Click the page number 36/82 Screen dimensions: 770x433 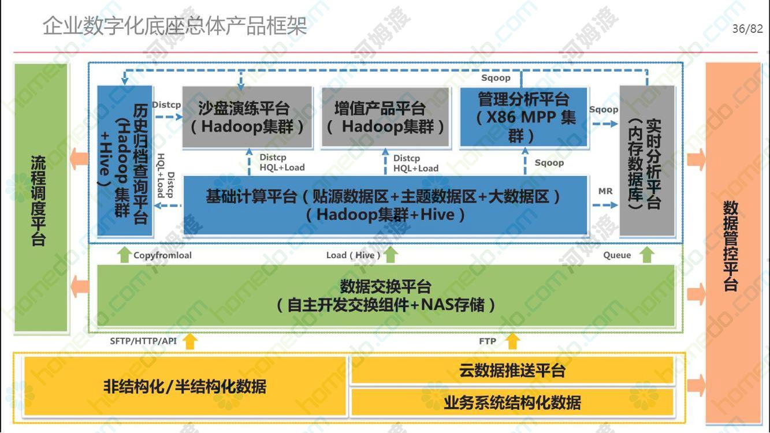click(x=747, y=28)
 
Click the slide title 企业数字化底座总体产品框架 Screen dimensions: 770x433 click(x=174, y=26)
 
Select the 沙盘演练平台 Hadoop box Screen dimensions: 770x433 click(x=247, y=117)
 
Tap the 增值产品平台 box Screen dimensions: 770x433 click(x=385, y=118)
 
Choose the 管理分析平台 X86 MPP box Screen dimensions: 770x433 click(x=523, y=117)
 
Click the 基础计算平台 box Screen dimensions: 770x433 click(x=385, y=205)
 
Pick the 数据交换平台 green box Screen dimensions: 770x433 click(x=386, y=296)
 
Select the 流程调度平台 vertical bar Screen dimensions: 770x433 click(x=40, y=197)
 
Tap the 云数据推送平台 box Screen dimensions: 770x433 click(x=512, y=371)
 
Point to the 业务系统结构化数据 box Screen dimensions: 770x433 click(x=512, y=402)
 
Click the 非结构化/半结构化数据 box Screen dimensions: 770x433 click(x=185, y=386)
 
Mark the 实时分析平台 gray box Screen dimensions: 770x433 click(x=647, y=161)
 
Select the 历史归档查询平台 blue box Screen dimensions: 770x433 click(x=125, y=161)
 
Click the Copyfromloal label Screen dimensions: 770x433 click(x=162, y=255)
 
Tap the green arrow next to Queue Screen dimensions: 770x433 click(x=646, y=255)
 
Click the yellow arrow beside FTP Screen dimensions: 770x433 click(x=512, y=341)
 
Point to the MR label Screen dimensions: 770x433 click(x=605, y=191)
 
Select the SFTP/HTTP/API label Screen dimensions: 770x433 click(x=143, y=341)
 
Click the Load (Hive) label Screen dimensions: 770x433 click(x=353, y=255)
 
